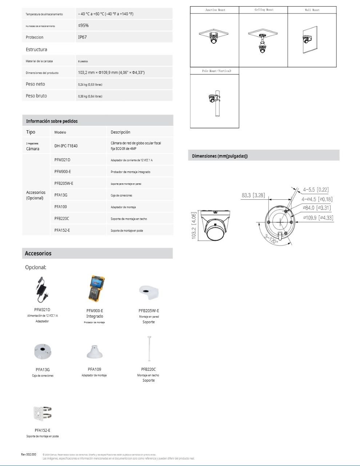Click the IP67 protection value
pyautogui.click(x=82, y=37)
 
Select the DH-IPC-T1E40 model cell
pyautogui.click(x=66, y=146)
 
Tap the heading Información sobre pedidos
pyautogui.click(x=52, y=121)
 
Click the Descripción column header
pyautogui.click(x=120, y=132)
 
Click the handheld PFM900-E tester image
pyautogui.click(x=95, y=289)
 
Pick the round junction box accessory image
pyautogui.click(x=43, y=351)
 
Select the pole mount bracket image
pyautogui.click(x=43, y=413)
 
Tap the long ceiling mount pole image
pyautogui.click(x=149, y=349)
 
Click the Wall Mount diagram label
pyautogui.click(x=312, y=10)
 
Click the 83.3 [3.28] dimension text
pyautogui.click(x=253, y=195)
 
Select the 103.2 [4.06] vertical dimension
pyautogui.click(x=194, y=226)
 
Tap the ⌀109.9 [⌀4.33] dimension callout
pyautogui.click(x=318, y=218)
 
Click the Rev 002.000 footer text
pyautogui.click(x=29, y=454)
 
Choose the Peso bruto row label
pyautogui.click(x=36, y=96)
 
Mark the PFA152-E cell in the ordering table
pyautogui.click(x=62, y=230)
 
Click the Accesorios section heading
pyautogui.click(x=38, y=254)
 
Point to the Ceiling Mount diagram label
pyautogui.click(x=264, y=10)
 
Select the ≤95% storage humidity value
pyautogui.click(x=83, y=25)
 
